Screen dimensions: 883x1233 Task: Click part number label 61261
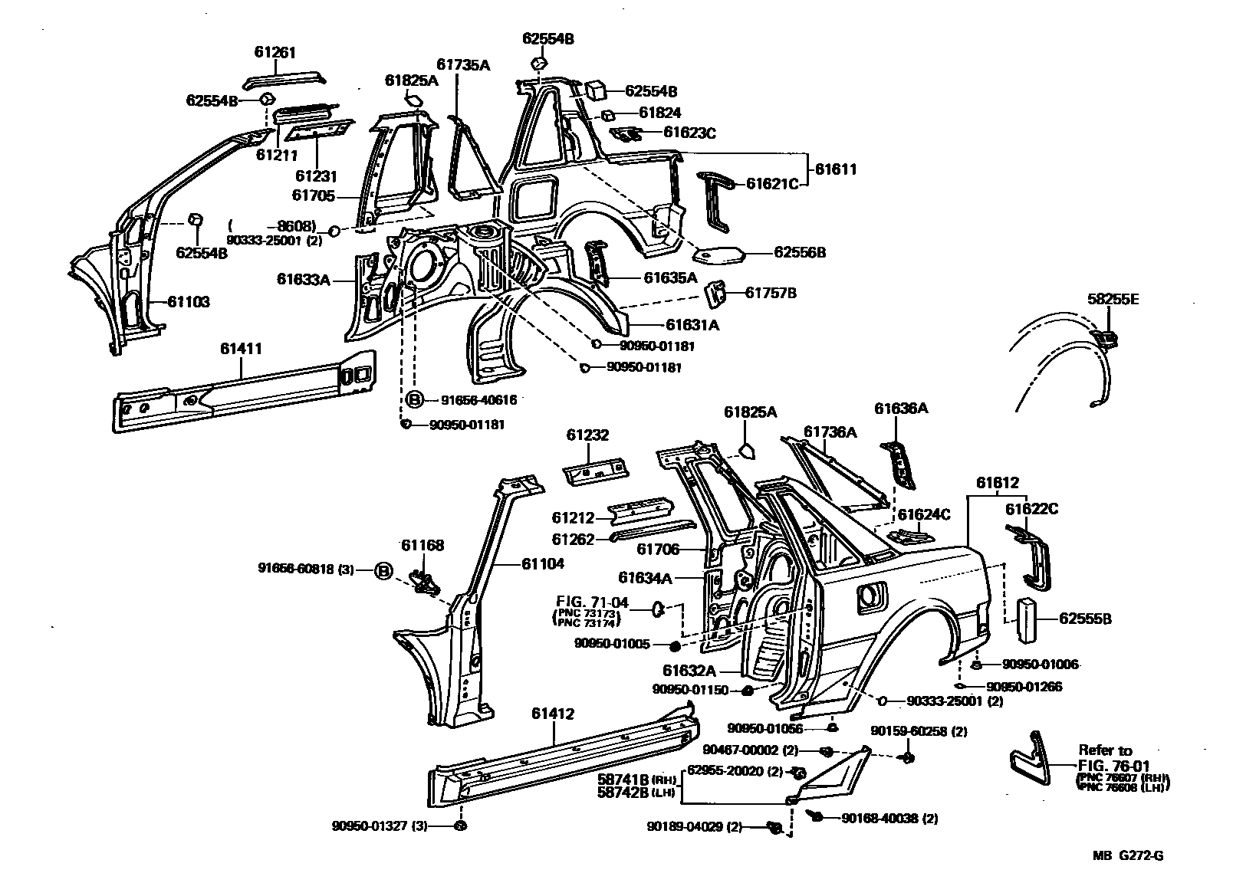coord(275,53)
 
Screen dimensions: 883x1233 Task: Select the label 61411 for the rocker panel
coord(241,349)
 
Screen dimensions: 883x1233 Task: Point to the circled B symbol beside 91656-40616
coord(413,399)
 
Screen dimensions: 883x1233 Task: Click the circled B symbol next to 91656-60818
coord(383,570)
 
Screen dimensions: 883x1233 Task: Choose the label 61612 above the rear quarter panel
coord(997,483)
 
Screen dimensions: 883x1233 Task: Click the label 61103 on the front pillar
coord(189,302)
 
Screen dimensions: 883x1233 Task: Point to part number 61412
coord(552,714)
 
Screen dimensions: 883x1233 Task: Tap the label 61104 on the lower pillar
coord(542,564)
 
